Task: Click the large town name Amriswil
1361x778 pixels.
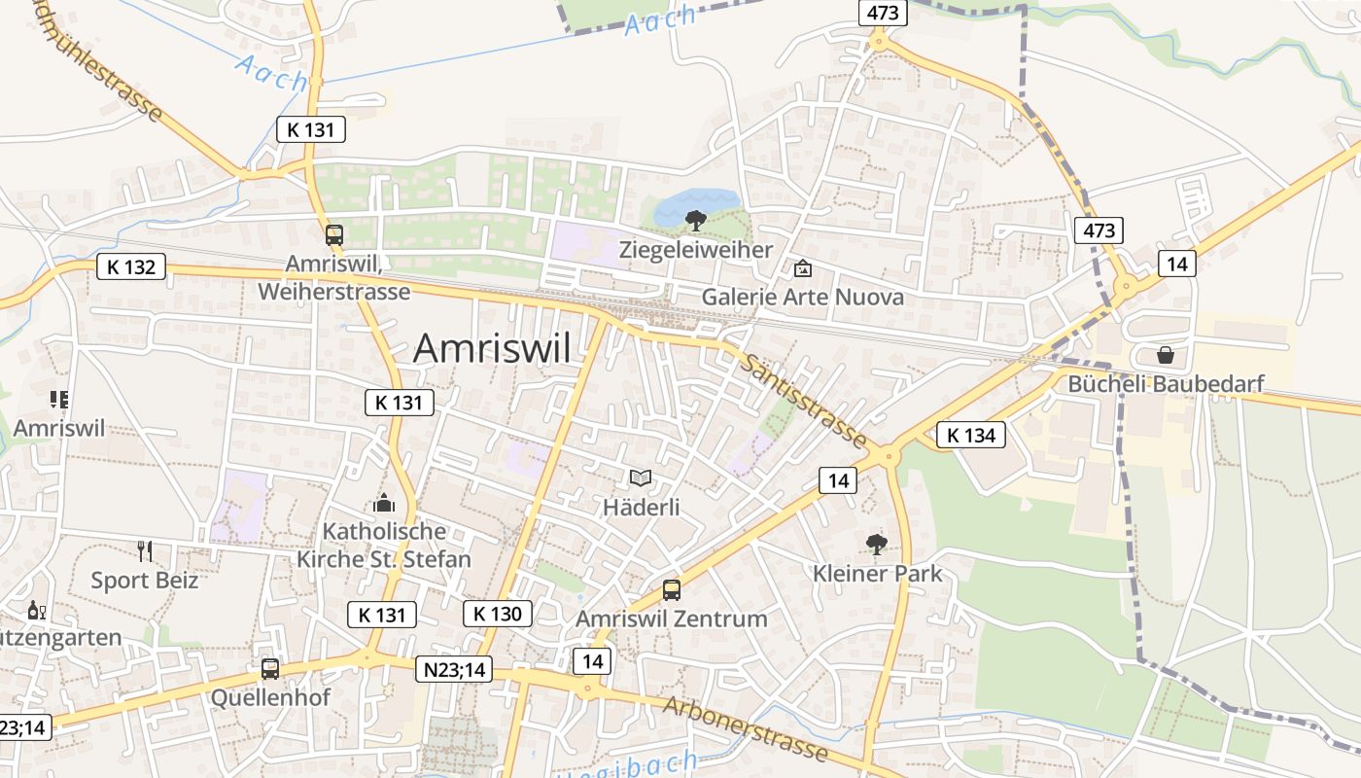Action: [x=492, y=348]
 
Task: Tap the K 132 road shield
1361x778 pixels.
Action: [x=130, y=266]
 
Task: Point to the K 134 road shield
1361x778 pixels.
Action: [x=970, y=435]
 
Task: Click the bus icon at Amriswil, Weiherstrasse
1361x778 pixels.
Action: [x=334, y=234]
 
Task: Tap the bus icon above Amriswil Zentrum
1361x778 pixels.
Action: [x=671, y=589]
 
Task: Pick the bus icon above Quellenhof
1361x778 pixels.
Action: [x=270, y=669]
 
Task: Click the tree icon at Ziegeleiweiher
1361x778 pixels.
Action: [x=695, y=220]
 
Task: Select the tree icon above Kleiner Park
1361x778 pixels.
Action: [x=876, y=544]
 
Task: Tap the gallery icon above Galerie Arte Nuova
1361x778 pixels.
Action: [x=803, y=268]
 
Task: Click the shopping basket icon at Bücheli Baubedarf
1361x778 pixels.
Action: [x=1165, y=355]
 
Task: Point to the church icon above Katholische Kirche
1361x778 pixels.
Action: [x=384, y=503]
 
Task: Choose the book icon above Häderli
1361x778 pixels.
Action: [x=641, y=477]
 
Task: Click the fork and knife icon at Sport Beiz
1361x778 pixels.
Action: [x=145, y=551]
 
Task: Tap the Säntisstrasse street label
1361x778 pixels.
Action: [x=803, y=401]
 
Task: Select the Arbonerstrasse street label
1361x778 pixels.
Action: [x=746, y=728]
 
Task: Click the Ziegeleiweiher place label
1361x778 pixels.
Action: [x=696, y=250]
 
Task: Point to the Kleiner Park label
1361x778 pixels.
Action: [x=877, y=573]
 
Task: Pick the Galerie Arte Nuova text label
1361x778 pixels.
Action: [x=802, y=297]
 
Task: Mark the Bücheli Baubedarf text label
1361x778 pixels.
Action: [x=1166, y=383]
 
